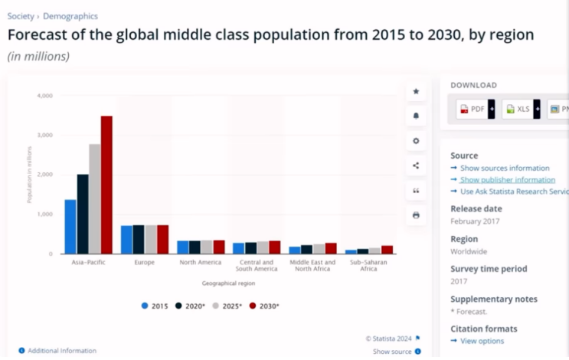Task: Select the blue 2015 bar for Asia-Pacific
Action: (x=70, y=227)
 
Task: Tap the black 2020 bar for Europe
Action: (x=139, y=239)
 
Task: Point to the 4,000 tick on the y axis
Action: (x=44, y=96)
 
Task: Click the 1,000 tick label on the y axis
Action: (x=44, y=214)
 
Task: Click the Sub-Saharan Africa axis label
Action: (x=364, y=266)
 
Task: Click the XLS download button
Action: (x=518, y=109)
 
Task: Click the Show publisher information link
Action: (x=508, y=179)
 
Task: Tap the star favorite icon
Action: (x=416, y=92)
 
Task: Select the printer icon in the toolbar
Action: (x=416, y=215)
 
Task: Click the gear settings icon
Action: (x=416, y=141)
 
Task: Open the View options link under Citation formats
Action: (x=482, y=341)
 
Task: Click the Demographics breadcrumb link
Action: (x=70, y=16)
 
